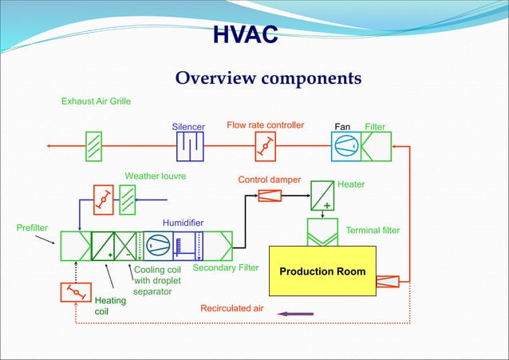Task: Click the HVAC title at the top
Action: [246, 35]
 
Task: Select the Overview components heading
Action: [268, 78]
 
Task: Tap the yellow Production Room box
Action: [322, 271]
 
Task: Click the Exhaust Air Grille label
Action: [96, 102]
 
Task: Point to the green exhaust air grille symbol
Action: [93, 147]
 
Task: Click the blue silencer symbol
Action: [190, 147]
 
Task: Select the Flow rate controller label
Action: [265, 125]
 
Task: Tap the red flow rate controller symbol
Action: [266, 147]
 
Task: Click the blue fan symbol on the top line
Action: [345, 147]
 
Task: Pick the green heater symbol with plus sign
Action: [322, 196]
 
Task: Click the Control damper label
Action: [269, 180]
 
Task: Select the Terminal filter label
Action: [372, 231]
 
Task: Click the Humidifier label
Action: [183, 222]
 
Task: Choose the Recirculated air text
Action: [231, 308]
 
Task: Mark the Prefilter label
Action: [32, 227]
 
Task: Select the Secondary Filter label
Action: [226, 268]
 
